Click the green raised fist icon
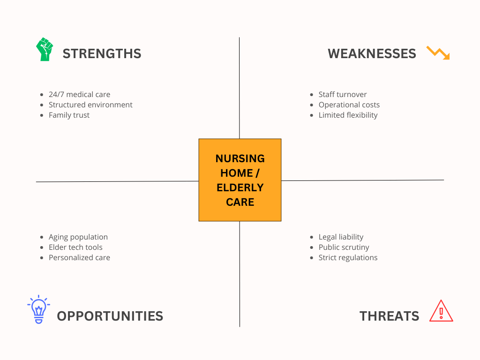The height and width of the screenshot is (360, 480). [x=45, y=49]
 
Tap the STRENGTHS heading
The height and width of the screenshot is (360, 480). [x=102, y=53]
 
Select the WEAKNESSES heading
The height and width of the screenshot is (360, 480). [x=372, y=53]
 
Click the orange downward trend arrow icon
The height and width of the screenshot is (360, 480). [x=438, y=52]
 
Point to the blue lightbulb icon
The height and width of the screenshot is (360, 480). [x=38, y=309]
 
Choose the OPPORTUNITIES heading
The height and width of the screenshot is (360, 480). [x=110, y=316]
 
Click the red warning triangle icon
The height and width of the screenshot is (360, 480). [x=441, y=311]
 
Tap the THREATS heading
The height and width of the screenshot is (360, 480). [x=389, y=316]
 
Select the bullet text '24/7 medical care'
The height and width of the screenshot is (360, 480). [x=79, y=95]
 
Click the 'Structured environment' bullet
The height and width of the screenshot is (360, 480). [x=90, y=105]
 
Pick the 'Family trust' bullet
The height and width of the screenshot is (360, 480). [x=69, y=115]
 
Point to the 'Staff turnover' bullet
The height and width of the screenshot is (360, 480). [x=343, y=95]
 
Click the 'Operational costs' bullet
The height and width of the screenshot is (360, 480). [x=349, y=105]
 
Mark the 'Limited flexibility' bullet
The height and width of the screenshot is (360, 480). [x=348, y=115]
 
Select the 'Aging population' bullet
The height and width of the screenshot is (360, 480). [x=78, y=237]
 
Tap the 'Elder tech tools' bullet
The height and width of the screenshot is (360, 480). [x=75, y=247]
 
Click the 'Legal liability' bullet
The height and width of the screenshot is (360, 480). [x=341, y=237]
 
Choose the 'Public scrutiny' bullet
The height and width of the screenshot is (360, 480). [x=344, y=247]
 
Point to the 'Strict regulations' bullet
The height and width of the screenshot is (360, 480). [x=348, y=258]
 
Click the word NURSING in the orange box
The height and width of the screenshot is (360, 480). [x=240, y=158]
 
